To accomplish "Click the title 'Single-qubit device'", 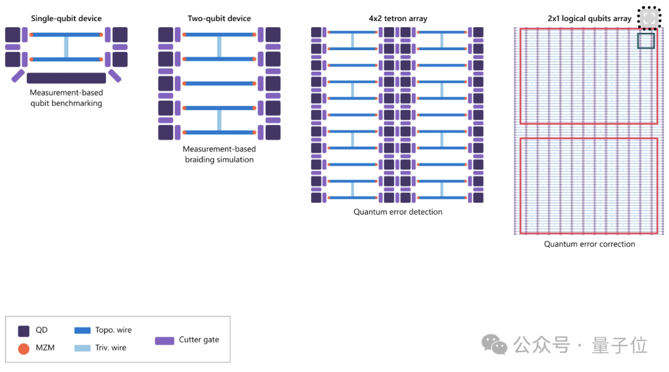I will tap(66, 19).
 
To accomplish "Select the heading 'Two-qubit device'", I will tap(219, 19).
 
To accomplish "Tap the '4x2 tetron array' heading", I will tap(398, 19).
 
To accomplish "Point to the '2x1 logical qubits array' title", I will tap(589, 19).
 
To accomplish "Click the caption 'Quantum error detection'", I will tap(398, 212).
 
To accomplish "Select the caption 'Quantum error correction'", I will tap(589, 244).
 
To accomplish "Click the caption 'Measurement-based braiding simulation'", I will tap(219, 154).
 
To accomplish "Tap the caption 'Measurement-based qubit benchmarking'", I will tap(66, 98).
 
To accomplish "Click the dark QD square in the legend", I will tap(24, 331).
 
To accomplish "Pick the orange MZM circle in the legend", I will tap(24, 348).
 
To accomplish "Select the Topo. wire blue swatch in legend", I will tap(82, 331).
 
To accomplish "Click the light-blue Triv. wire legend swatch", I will tap(82, 348).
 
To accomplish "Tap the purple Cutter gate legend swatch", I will tap(164, 340).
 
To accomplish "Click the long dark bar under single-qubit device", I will tap(66, 78).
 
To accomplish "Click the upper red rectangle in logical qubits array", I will tap(588, 76).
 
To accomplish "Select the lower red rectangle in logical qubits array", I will tap(588, 186).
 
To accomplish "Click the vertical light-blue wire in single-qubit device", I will tap(66, 47).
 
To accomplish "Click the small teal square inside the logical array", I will tap(646, 41).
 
